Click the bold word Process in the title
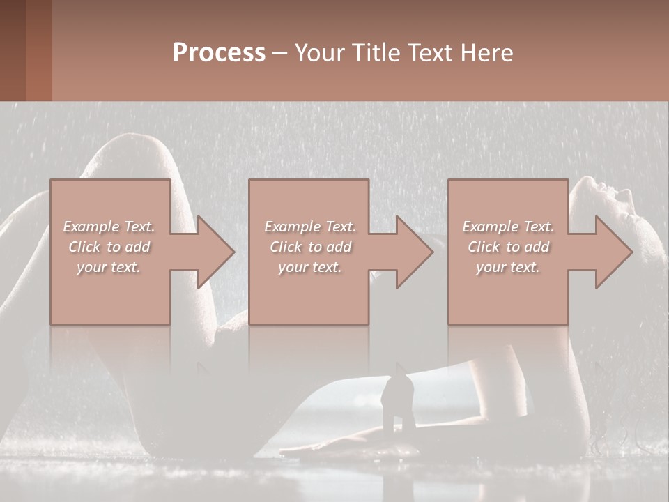coord(219,53)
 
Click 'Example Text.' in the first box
coord(109,227)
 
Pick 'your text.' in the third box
coord(508,267)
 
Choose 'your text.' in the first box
coord(109,267)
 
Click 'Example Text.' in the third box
coord(508,227)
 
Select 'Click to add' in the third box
coord(508,247)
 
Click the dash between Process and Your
coord(280,53)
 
